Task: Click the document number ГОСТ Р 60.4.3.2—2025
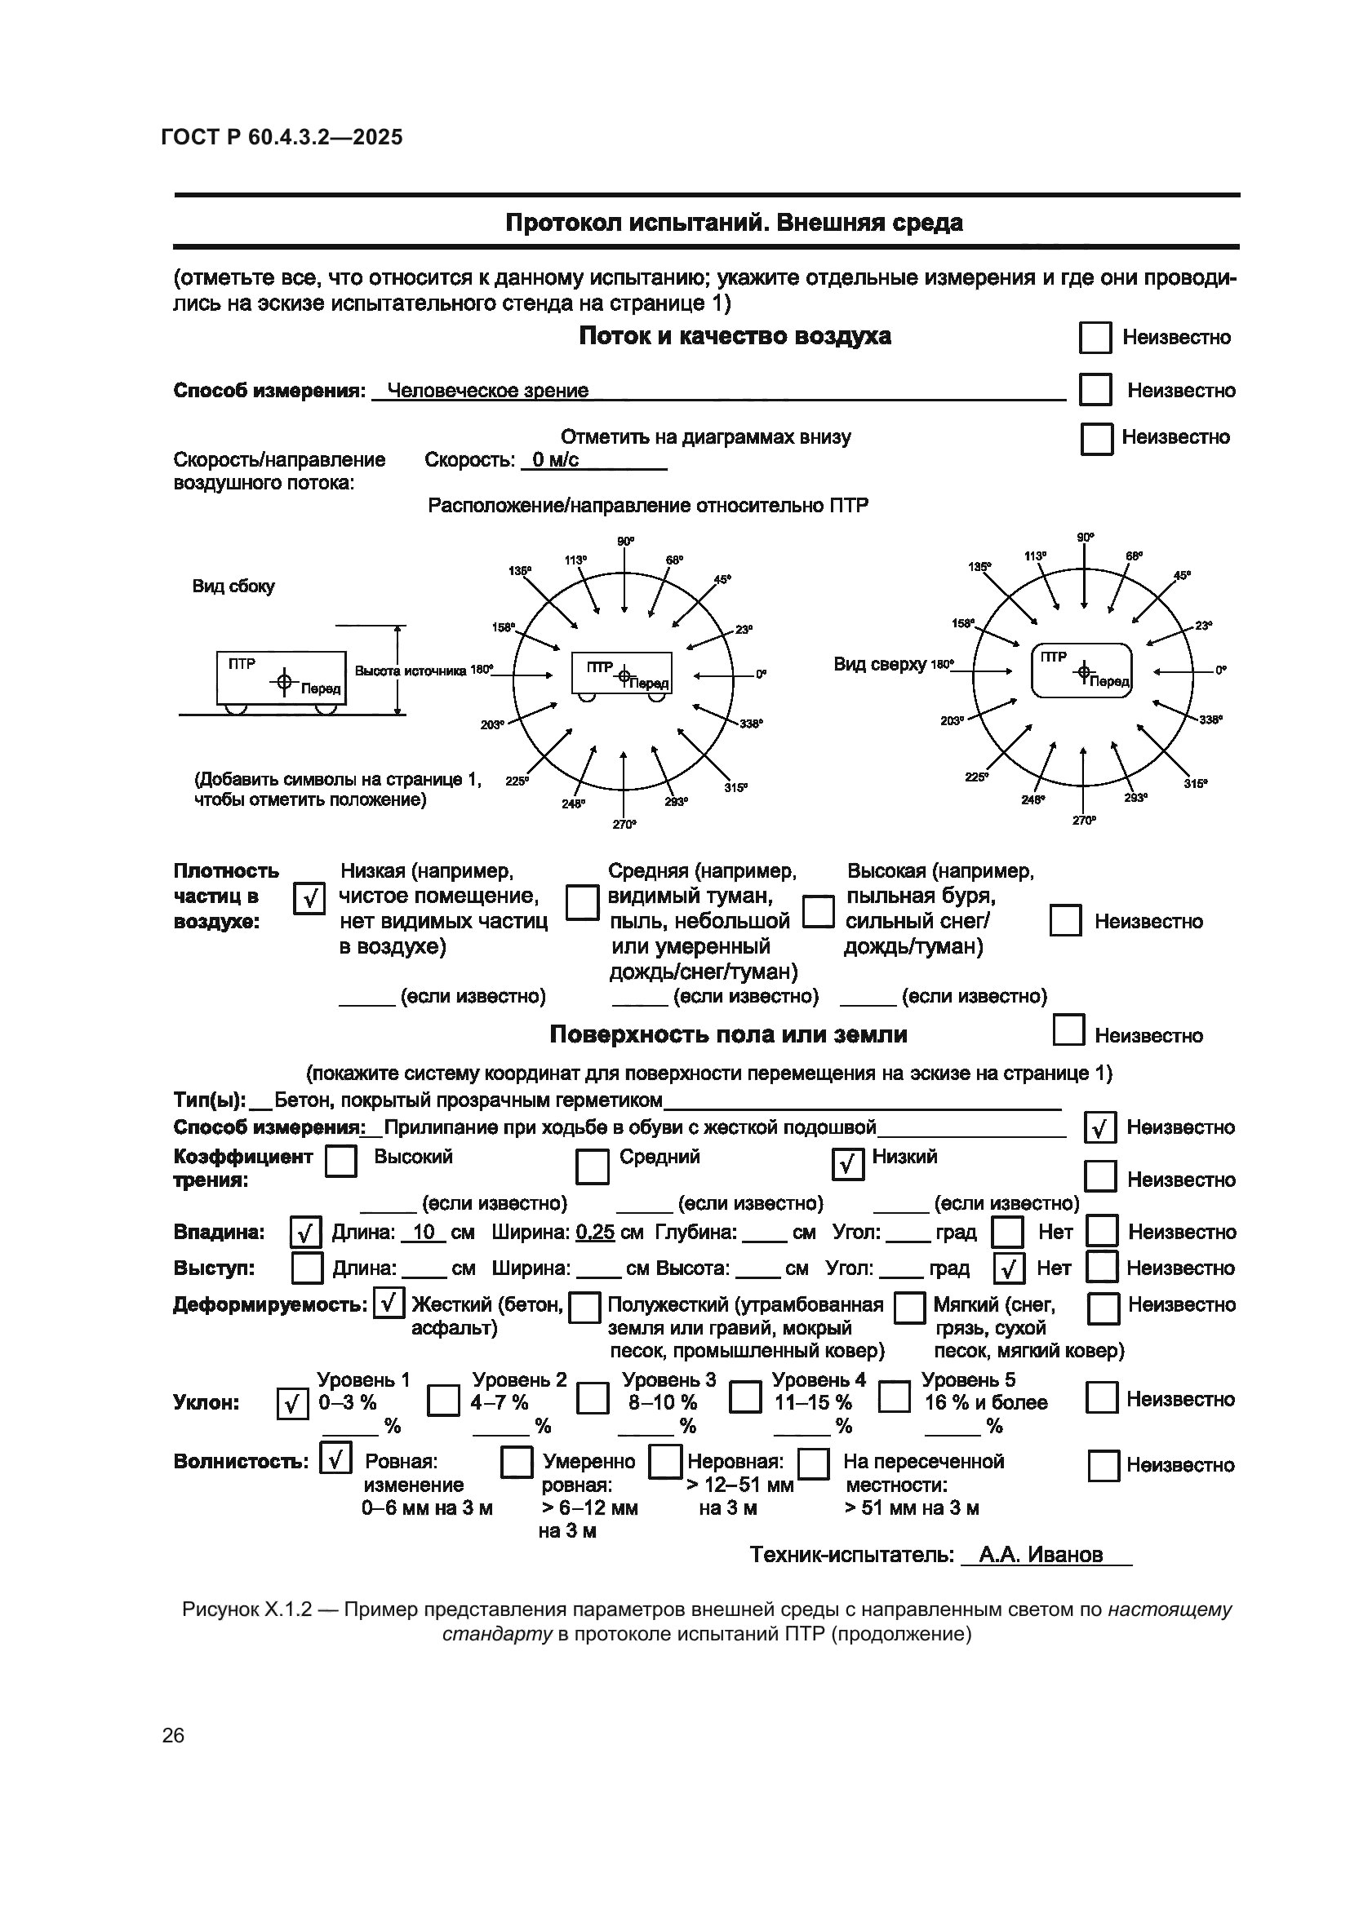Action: tap(281, 137)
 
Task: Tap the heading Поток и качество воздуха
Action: tap(734, 336)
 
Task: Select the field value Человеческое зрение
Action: tap(488, 391)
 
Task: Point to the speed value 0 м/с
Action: tap(554, 460)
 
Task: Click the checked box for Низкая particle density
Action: tap(309, 898)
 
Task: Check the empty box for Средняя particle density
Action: tap(582, 902)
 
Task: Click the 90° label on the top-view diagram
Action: tap(1085, 538)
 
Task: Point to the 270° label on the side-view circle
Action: tap(624, 825)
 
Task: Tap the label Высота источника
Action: tap(411, 671)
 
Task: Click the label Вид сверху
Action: tap(879, 664)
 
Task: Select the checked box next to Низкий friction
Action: tap(847, 1164)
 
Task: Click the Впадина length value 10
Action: tap(424, 1233)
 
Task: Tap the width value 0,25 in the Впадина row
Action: tap(594, 1233)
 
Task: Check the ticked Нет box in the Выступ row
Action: tap(1008, 1268)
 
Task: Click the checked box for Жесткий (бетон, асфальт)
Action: tap(389, 1303)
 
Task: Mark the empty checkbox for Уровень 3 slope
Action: tap(592, 1399)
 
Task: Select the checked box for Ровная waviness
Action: tap(335, 1459)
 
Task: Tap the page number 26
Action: tap(173, 1735)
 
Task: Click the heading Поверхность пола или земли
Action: tap(728, 1034)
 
